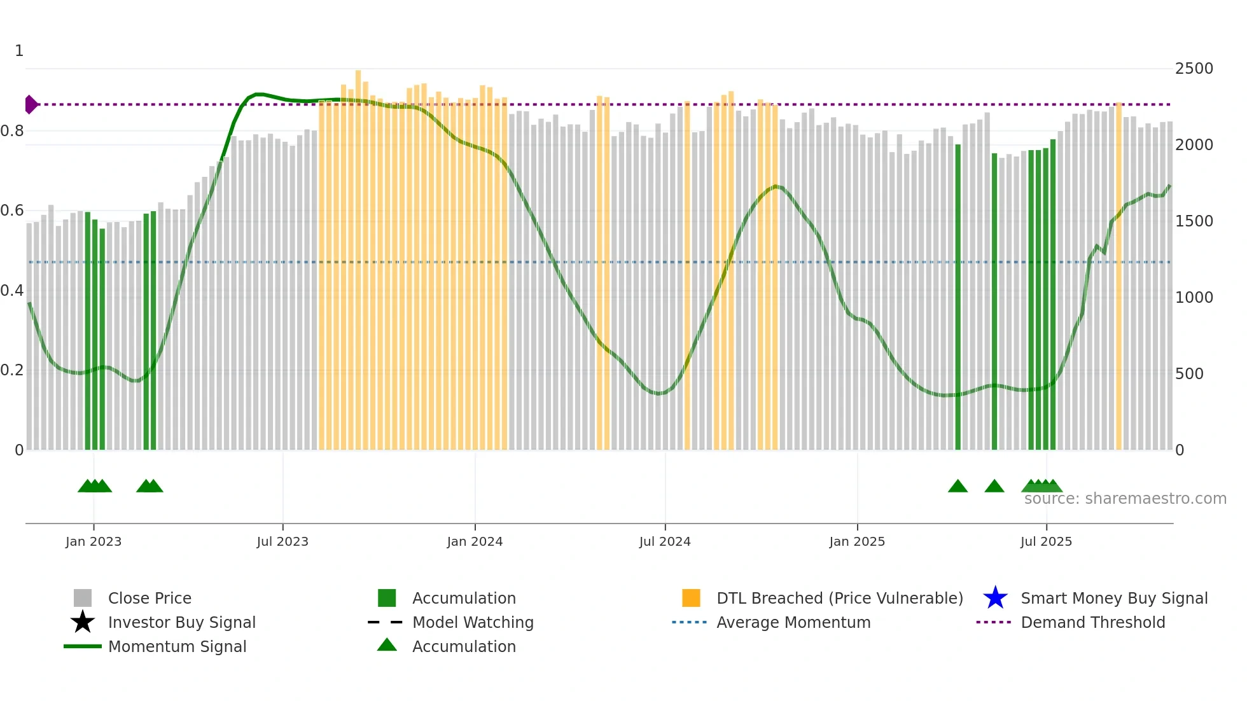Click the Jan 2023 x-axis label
pos(94,541)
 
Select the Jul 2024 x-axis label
pos(665,541)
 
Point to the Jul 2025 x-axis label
pos(1046,541)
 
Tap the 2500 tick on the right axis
pos(1194,69)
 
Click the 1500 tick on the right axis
pos(1194,221)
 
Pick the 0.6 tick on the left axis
pos(12,211)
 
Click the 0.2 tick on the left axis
pos(12,370)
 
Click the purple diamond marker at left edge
pos(31,104)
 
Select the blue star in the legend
pos(995,598)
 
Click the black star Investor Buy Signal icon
pos(83,622)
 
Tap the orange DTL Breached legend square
pos(691,598)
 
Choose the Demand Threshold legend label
pos(1092,622)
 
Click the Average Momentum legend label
pos(793,622)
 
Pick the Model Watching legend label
pos(473,622)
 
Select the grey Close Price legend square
pos(83,598)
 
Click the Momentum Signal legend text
pos(177,646)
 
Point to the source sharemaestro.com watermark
pos(1125,499)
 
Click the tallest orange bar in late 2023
pos(358,254)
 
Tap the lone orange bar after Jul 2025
pos(1119,274)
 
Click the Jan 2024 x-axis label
pos(475,541)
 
